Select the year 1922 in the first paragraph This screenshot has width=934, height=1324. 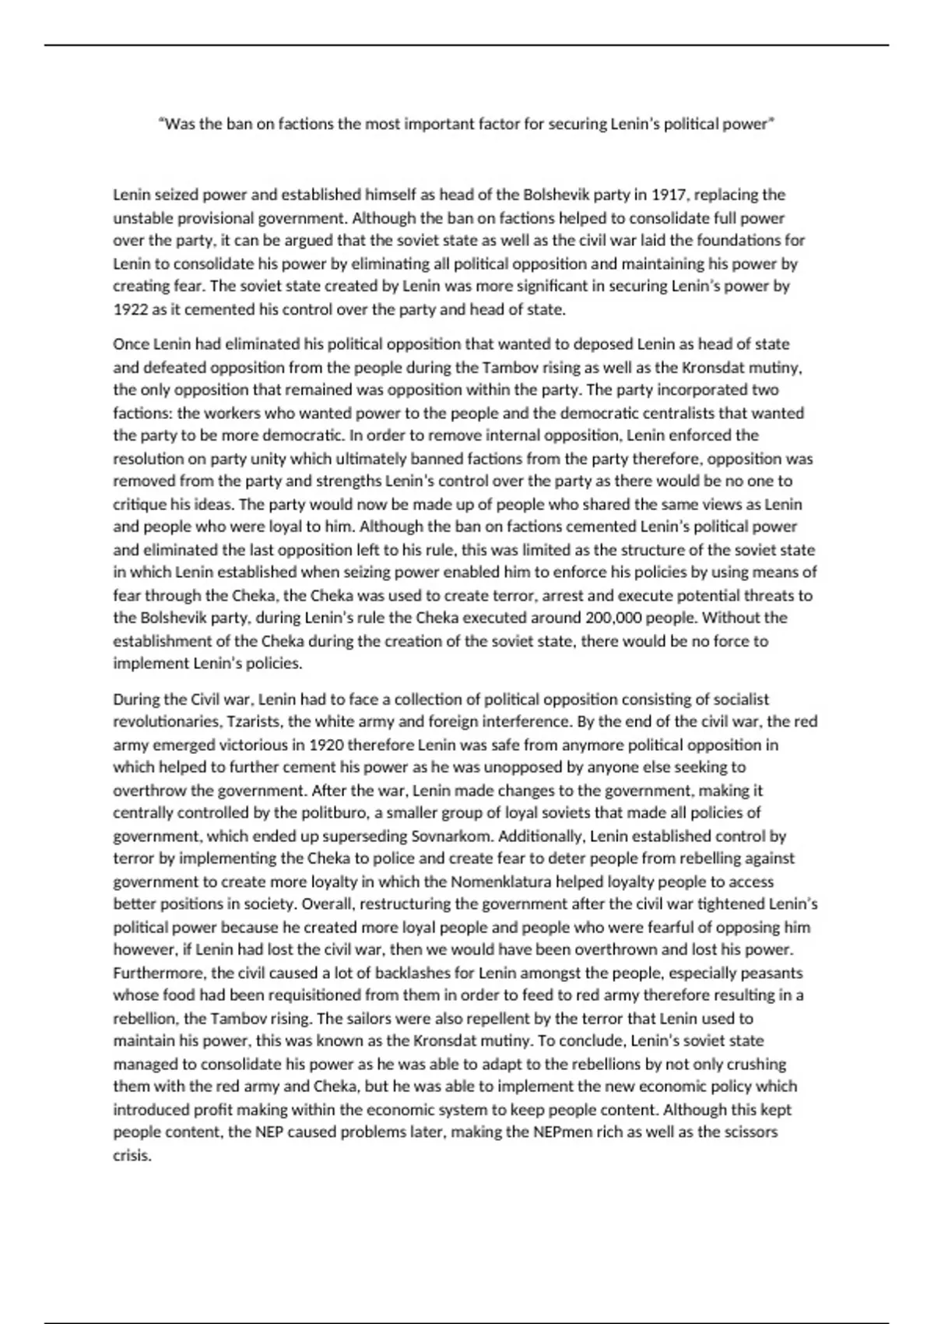130,309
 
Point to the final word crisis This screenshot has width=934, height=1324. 131,1155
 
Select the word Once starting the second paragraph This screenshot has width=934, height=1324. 131,343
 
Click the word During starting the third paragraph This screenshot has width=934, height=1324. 136,699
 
